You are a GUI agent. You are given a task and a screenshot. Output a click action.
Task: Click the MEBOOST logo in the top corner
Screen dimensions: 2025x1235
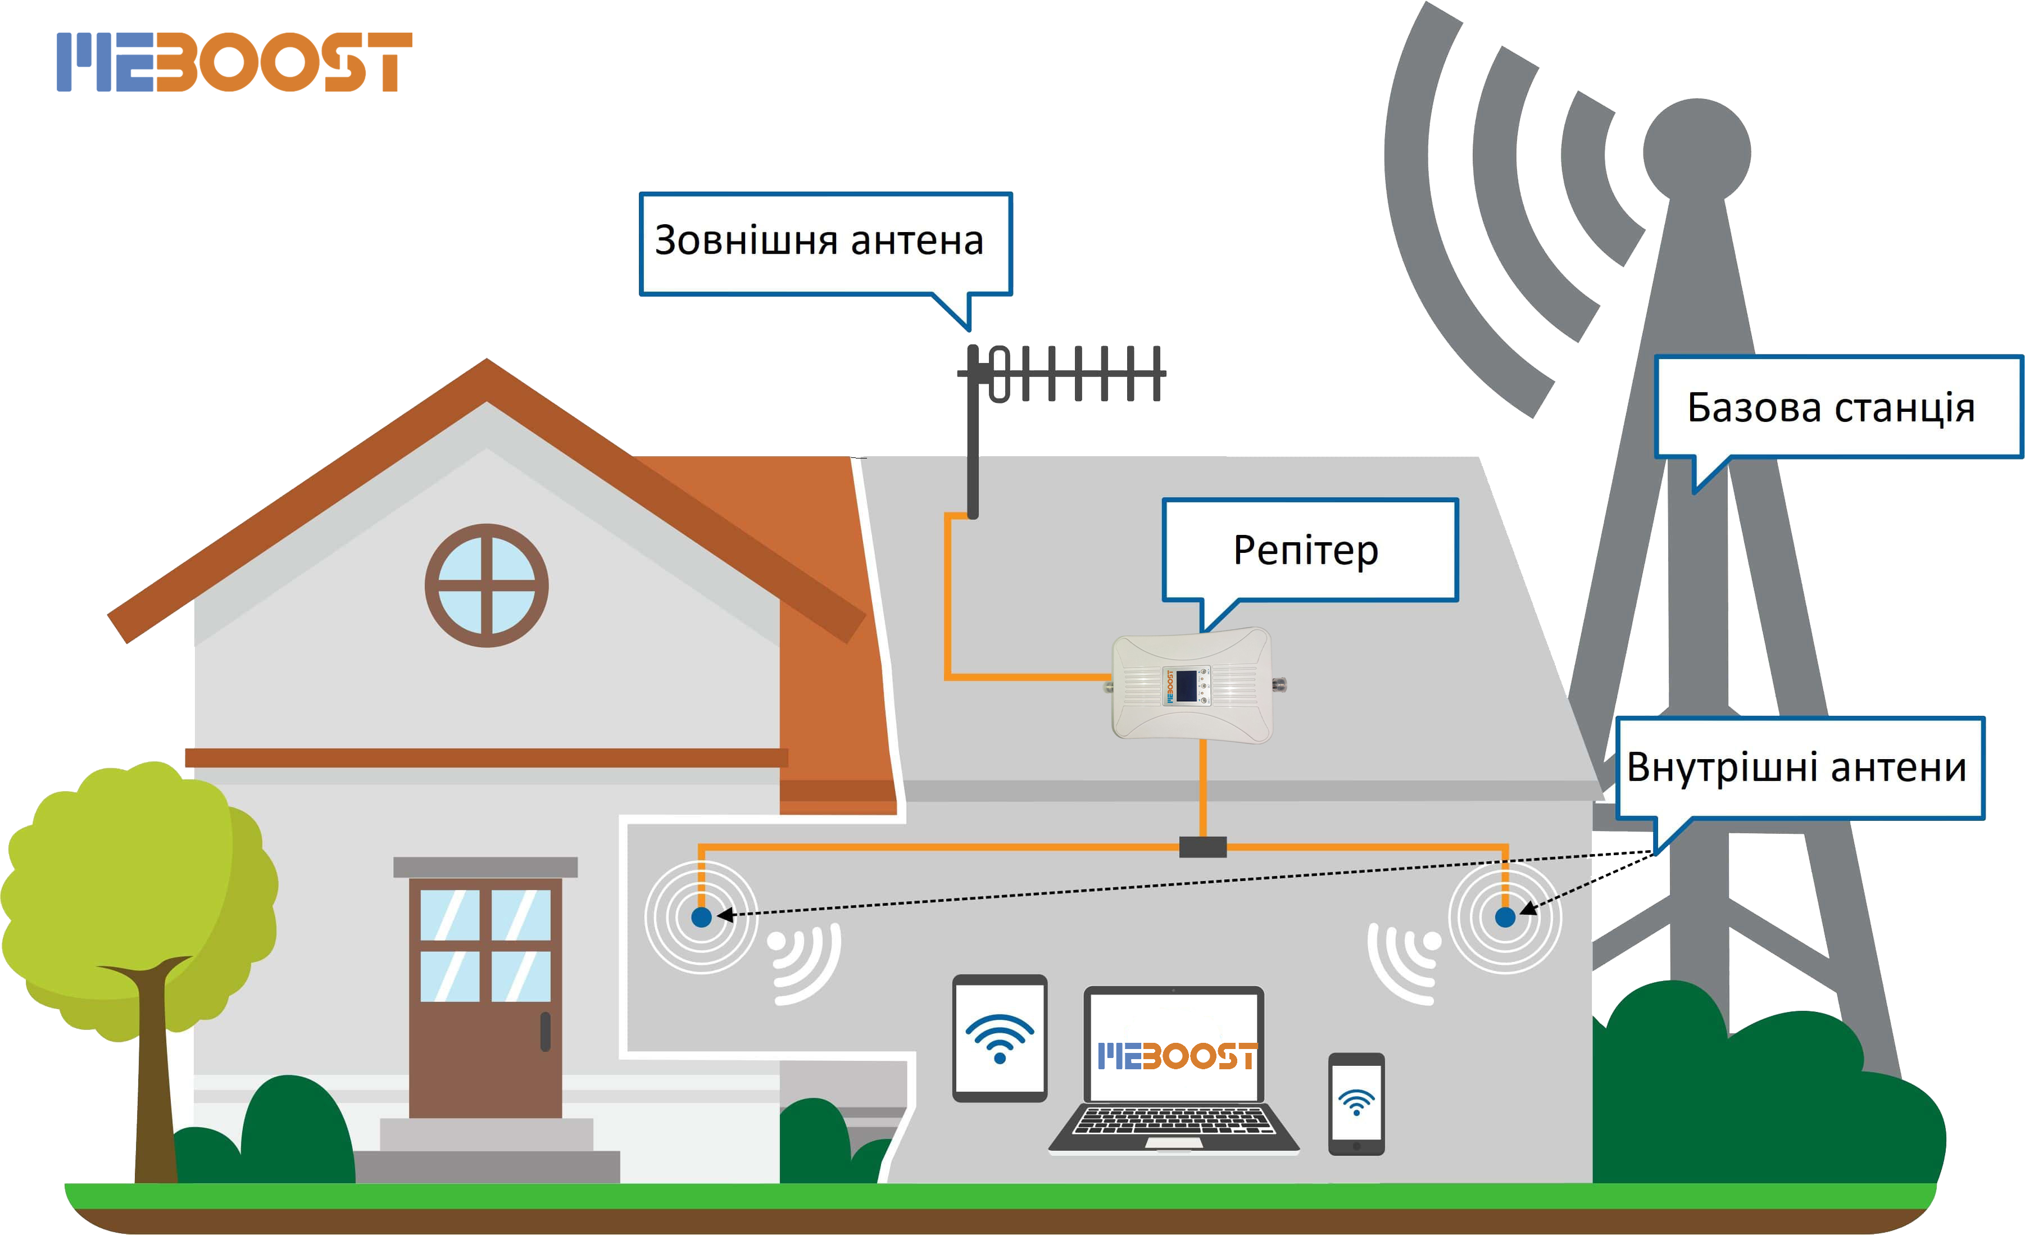tap(234, 62)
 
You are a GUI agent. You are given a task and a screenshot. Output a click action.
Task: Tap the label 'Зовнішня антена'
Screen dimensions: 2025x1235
tap(819, 240)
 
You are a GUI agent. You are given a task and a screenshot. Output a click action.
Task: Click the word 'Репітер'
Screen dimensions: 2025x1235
tap(1306, 551)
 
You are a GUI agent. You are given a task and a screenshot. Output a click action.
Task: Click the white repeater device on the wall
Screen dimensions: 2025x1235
tap(1192, 685)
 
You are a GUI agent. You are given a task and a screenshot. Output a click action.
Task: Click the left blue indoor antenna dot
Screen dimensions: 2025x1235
tap(701, 917)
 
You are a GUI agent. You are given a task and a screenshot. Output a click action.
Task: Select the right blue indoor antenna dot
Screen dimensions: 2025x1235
tap(1505, 917)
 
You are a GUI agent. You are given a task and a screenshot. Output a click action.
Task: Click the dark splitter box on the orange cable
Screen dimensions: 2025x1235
tap(1202, 846)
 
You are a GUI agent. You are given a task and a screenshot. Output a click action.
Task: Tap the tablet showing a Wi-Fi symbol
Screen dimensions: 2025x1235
tap(1000, 1038)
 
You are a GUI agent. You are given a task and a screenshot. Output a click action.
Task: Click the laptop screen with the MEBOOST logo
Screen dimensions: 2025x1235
tap(1174, 1045)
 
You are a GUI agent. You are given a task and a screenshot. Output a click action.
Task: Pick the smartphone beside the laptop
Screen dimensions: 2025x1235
tap(1356, 1104)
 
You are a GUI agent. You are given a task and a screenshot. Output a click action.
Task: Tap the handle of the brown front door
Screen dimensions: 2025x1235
tap(545, 1031)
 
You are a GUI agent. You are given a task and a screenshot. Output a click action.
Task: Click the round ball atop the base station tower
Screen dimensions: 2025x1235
tap(1696, 152)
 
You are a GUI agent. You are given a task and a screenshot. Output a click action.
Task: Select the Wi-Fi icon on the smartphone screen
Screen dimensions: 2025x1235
tap(1356, 1101)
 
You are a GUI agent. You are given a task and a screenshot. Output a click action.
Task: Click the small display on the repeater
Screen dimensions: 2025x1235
tap(1186, 686)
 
